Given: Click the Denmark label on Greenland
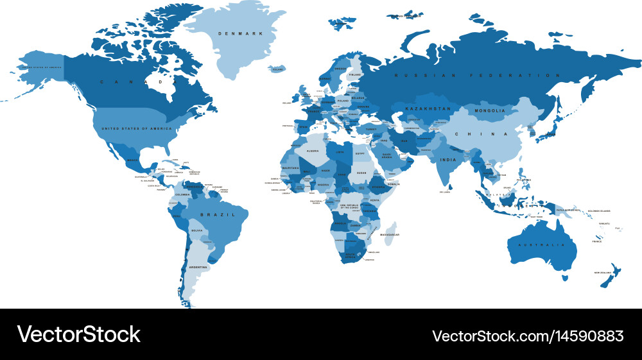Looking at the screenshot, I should [x=232, y=33].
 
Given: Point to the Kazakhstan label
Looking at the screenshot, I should [x=428, y=109].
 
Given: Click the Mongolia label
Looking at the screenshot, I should [x=489, y=111].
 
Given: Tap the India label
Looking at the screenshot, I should [x=447, y=160].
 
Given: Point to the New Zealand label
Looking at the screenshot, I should [x=605, y=273].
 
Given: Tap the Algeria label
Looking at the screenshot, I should [x=312, y=151].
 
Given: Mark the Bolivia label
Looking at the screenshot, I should [x=197, y=230].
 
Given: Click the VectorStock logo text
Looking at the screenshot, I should [x=78, y=334].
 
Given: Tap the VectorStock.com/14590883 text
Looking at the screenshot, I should [x=527, y=336].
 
